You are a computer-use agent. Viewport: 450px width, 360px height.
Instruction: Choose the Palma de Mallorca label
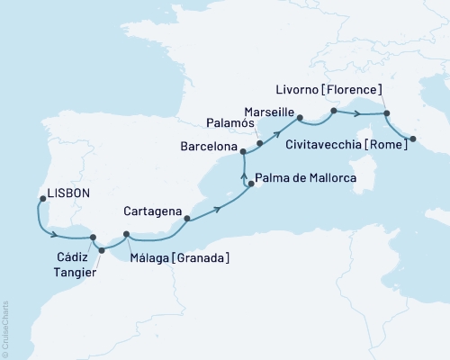306,178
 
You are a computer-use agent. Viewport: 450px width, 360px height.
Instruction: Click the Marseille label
268,108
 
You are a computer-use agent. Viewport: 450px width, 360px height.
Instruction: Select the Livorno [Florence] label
328,89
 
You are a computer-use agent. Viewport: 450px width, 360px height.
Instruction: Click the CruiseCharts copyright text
5,325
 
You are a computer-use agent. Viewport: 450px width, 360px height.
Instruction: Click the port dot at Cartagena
186,218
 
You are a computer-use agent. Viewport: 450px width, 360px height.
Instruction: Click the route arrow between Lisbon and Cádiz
55,236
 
